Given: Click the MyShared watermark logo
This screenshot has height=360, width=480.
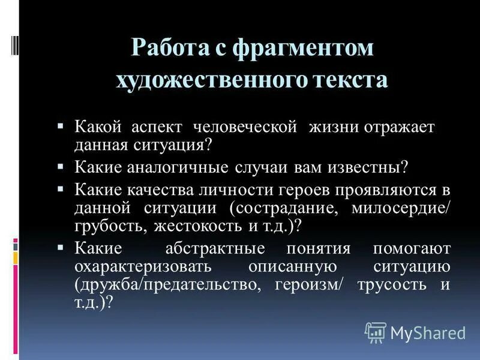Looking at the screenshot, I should coord(415,332).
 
